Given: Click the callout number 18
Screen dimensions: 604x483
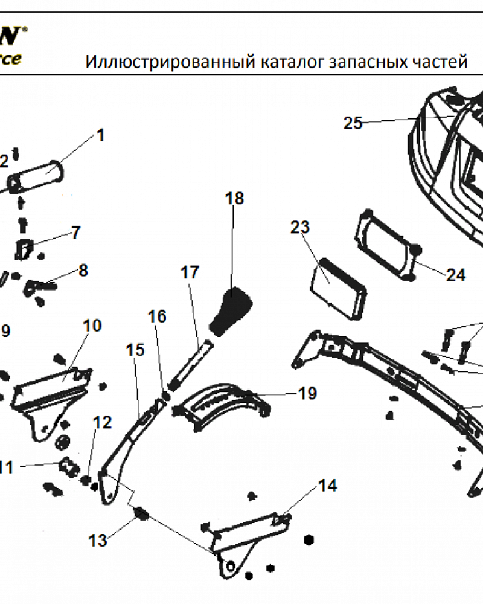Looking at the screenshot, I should click(x=234, y=198).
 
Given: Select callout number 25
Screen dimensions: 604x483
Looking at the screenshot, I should click(x=353, y=124).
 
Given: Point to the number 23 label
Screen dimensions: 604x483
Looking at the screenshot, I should click(x=299, y=228).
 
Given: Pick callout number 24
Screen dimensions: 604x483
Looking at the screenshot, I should click(x=456, y=275).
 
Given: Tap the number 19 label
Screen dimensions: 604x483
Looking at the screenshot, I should click(x=307, y=394).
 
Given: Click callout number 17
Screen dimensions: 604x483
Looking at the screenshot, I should click(x=190, y=272).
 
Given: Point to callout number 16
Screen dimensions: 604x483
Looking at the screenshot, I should click(x=157, y=316).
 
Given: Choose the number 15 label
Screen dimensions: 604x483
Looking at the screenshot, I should click(x=135, y=350).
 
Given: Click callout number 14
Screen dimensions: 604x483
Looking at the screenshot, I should click(x=328, y=485).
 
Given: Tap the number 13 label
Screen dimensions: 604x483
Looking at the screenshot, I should click(x=98, y=540).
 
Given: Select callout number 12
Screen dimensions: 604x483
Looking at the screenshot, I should click(x=103, y=423).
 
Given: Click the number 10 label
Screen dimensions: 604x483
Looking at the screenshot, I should click(x=92, y=326).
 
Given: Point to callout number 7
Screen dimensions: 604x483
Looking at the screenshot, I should click(x=75, y=233).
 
